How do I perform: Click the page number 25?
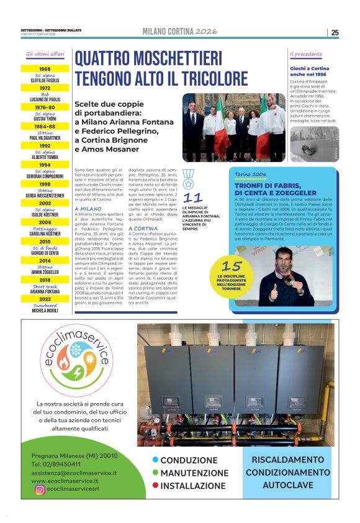click(x=335, y=32)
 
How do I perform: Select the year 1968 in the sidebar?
click(x=45, y=69)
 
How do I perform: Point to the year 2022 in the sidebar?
click(x=45, y=299)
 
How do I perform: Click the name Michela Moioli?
click(x=45, y=310)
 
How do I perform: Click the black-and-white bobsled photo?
click(x=314, y=144)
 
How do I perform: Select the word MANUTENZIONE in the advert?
click(x=192, y=473)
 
